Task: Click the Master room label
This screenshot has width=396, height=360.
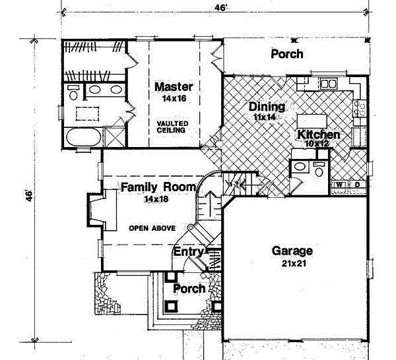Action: [x=174, y=87]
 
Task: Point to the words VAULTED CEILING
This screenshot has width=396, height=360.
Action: [x=172, y=127]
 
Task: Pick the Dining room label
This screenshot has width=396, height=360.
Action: [x=267, y=107]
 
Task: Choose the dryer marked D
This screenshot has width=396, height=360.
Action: [x=356, y=185]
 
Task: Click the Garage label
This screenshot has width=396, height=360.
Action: [x=292, y=251]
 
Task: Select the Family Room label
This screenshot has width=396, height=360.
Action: [x=158, y=187]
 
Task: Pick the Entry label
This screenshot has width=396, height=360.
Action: [x=188, y=252]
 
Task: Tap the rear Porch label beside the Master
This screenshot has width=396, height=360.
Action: [x=287, y=54]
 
